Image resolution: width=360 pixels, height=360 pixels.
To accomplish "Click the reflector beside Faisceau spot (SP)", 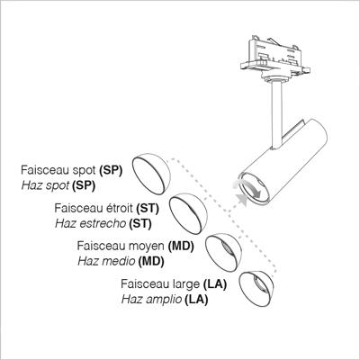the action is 151,174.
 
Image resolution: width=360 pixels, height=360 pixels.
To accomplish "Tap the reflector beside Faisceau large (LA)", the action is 256,289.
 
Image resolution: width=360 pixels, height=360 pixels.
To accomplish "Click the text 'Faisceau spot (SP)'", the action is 72,171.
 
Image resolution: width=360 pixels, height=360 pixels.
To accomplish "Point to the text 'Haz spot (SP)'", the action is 58,185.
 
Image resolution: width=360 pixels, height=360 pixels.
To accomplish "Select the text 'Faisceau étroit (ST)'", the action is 106,208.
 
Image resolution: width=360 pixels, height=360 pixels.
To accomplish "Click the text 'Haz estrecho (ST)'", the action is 103,223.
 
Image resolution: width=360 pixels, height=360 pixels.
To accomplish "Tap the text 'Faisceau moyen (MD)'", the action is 136,246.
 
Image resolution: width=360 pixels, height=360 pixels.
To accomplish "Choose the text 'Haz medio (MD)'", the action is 121,261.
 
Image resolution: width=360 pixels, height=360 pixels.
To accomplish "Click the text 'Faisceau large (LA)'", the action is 174,283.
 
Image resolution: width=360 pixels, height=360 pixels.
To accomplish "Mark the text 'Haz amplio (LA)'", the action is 165,299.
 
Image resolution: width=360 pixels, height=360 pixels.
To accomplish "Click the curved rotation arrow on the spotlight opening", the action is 249,188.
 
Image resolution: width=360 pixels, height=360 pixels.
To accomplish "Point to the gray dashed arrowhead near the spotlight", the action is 242,200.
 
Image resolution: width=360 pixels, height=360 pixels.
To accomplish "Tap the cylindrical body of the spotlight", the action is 283,162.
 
